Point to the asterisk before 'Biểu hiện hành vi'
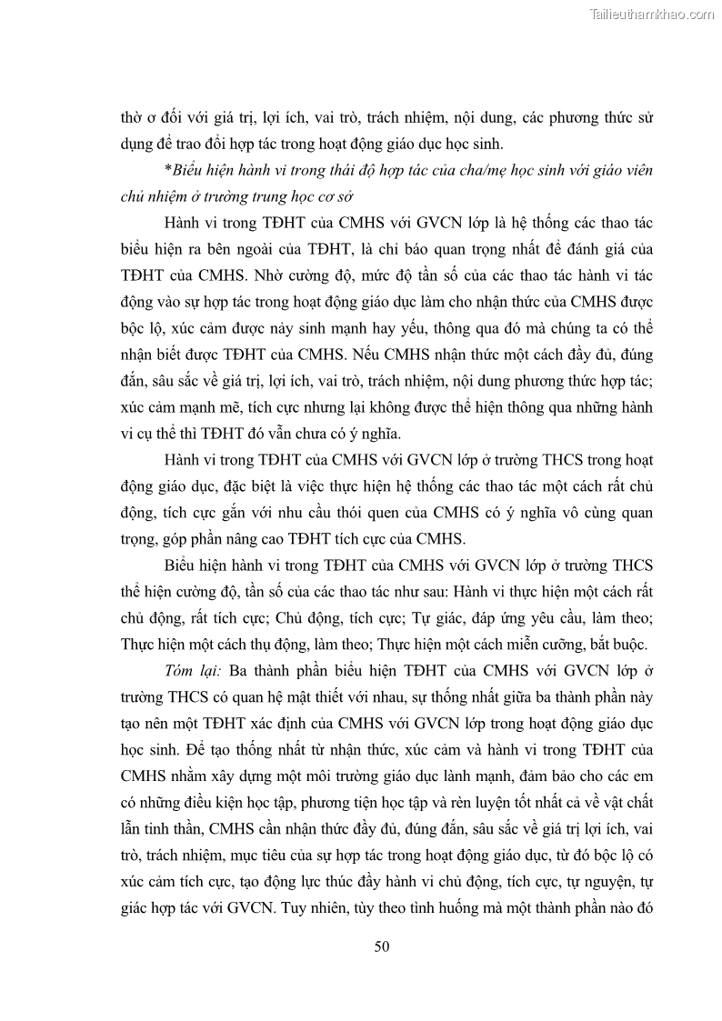coord(167,171)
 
